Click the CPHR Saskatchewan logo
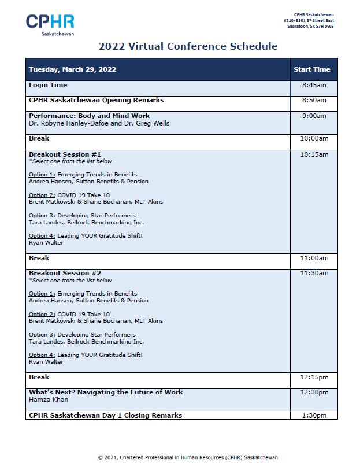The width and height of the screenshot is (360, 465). pos(50,25)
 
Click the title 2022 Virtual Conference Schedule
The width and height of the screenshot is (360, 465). pos(188,47)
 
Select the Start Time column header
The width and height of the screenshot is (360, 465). pos(312,69)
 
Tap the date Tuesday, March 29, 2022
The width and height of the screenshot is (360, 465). pos(73,69)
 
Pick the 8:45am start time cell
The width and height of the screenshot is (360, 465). pos(314,86)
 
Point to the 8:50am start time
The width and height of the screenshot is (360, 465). pos(314,101)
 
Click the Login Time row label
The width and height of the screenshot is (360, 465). pos(48,86)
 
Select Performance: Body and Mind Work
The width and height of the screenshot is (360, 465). pos(89,116)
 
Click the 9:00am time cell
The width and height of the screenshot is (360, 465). pos(314,116)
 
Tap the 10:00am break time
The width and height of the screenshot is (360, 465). pos(314,139)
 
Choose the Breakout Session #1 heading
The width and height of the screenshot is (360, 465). pos(65,154)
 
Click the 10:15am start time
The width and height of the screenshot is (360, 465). pos(314,154)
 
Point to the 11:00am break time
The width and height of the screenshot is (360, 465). pos(314,259)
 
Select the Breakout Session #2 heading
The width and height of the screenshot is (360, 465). pos(65,274)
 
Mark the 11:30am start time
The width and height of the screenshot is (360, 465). pos(314,274)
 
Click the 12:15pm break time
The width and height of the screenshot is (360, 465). pos(314,378)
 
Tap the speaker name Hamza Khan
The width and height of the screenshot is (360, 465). pos(49,400)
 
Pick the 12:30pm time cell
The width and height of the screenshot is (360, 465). pos(314,393)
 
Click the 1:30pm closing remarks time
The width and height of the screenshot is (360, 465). pos(314,415)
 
